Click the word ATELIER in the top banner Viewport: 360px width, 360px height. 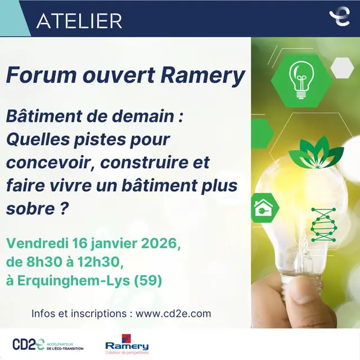point(79,21)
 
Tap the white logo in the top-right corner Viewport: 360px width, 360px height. point(339,17)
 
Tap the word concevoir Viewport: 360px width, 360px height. point(46,163)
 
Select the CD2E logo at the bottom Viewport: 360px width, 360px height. point(48,344)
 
